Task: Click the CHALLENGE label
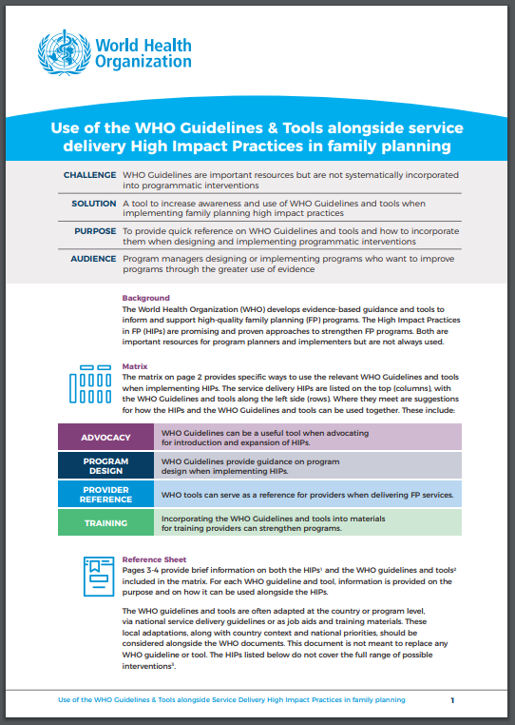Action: point(90,176)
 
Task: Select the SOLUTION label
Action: point(94,204)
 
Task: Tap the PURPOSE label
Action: point(95,230)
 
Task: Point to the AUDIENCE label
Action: point(94,258)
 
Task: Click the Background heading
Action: point(145,298)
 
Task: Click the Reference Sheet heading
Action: point(155,559)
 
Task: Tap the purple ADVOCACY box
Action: point(105,437)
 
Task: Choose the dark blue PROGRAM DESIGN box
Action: point(105,464)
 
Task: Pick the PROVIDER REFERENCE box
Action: point(105,494)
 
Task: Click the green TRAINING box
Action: point(105,522)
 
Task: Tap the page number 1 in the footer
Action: point(452,699)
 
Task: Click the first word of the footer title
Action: point(66,699)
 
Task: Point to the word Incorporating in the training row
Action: point(188,518)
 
